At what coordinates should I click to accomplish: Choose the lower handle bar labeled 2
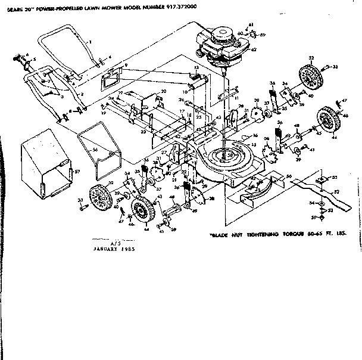pyautogui.click(x=36, y=89)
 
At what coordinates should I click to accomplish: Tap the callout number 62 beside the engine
pyautogui.click(x=254, y=51)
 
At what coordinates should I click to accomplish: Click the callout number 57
pyautogui.click(x=77, y=171)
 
